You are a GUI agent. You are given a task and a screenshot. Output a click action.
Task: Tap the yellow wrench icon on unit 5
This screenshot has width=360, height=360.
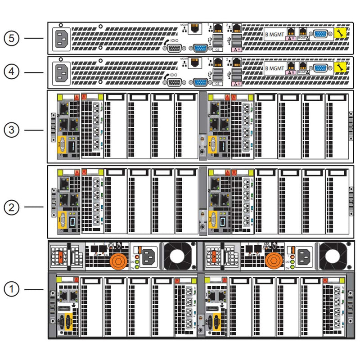(x=340, y=33)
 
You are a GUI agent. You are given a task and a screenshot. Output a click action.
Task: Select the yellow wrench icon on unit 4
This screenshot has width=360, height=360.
(x=340, y=67)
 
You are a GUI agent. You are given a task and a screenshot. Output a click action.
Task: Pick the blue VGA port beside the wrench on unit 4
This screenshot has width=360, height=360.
(x=320, y=68)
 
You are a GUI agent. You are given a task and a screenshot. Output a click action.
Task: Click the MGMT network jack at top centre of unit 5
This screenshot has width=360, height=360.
(x=195, y=28)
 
